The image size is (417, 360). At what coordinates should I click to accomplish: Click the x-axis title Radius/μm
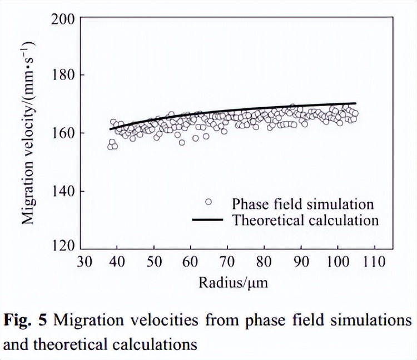[234, 283]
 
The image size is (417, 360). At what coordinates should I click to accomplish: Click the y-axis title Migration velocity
[28, 133]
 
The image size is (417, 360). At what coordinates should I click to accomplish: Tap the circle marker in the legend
[208, 202]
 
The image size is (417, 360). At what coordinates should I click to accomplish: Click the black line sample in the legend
[207, 220]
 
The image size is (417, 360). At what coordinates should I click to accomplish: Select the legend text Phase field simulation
[303, 203]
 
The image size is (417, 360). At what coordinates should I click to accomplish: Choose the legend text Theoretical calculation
[305, 220]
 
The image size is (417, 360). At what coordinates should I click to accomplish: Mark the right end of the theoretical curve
[356, 103]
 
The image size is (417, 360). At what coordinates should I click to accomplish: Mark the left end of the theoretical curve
[110, 129]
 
